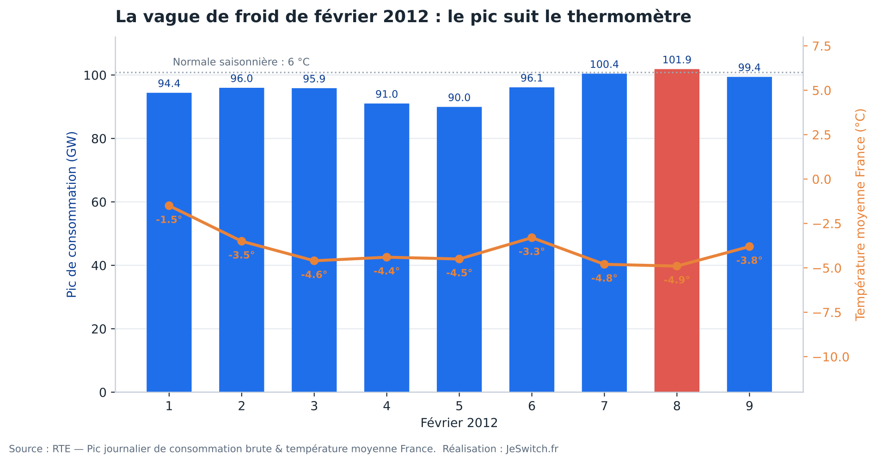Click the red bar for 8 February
677,231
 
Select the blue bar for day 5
459,250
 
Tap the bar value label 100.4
604,65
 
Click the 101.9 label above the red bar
677,60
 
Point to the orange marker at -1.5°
169,206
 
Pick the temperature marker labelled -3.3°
532,238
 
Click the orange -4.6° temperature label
314,274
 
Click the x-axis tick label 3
314,406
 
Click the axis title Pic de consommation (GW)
72,215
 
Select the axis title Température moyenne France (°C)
860,215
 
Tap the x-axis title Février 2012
459,423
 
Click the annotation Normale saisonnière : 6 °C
241,62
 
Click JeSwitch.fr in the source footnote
532,449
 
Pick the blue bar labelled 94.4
169,243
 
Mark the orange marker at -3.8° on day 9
749,247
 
